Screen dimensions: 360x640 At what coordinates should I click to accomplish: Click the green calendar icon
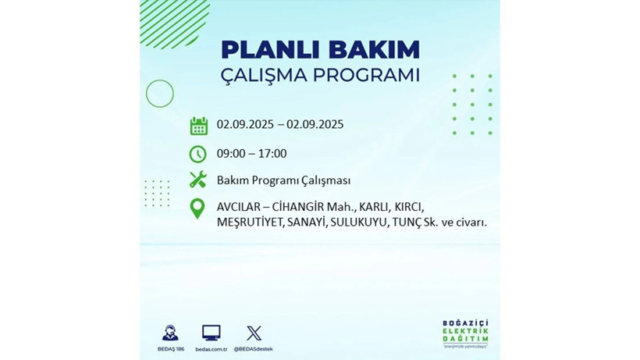coord(198,125)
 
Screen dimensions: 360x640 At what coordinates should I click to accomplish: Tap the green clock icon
coord(198,154)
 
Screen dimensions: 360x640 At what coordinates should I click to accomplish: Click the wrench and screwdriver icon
coord(198,180)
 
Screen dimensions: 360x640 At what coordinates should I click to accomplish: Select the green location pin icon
coord(198,209)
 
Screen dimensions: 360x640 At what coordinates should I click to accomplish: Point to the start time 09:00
coord(232,154)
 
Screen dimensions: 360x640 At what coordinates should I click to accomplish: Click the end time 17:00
coord(272,154)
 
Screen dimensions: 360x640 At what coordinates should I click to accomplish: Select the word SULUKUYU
coord(360,223)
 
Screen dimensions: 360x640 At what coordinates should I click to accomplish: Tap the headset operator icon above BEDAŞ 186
coord(169,333)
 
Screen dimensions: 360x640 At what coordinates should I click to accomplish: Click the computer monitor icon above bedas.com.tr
coord(211,333)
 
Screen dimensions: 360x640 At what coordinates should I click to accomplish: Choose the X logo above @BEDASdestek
coord(254,333)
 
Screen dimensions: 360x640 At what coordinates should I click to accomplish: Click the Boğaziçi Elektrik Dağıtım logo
coord(465,334)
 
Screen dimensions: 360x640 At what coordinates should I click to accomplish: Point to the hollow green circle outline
coord(159,94)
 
